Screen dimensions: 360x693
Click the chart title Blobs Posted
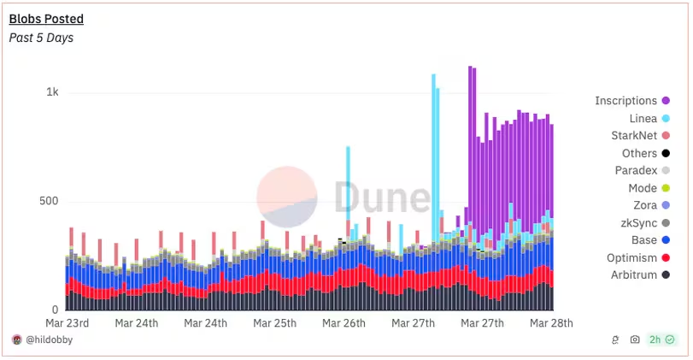click(x=46, y=19)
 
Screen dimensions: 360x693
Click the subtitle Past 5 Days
click(x=41, y=38)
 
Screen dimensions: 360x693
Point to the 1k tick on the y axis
click(x=52, y=92)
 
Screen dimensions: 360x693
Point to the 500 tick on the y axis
click(x=49, y=202)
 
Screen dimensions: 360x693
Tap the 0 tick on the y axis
click(x=56, y=310)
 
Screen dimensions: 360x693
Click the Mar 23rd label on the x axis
click(x=67, y=323)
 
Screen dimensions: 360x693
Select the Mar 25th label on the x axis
click(x=275, y=323)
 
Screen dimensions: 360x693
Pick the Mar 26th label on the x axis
click(x=344, y=323)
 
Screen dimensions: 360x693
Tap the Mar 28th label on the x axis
click(x=551, y=323)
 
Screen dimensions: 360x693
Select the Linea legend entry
click(x=643, y=118)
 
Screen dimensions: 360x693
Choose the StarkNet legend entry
click(x=634, y=136)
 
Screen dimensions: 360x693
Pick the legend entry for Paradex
click(x=637, y=171)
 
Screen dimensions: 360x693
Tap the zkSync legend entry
click(x=640, y=223)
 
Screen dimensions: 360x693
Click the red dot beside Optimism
click(x=665, y=258)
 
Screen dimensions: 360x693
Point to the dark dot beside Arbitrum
click(x=665, y=275)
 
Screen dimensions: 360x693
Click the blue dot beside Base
click(x=665, y=240)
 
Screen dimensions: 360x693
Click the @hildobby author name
click(x=49, y=340)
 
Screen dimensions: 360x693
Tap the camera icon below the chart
click(x=634, y=340)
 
